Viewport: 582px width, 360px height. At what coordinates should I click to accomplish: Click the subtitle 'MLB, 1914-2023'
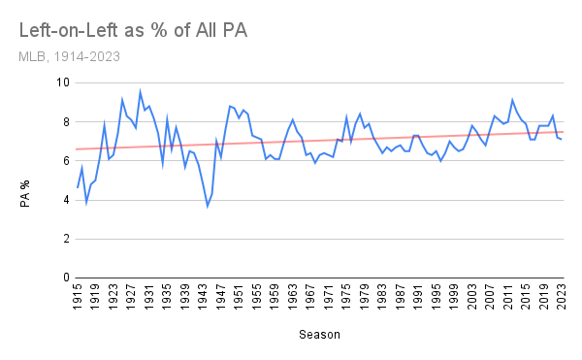[x=68, y=56]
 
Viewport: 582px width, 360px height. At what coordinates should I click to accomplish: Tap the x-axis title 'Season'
[x=320, y=335]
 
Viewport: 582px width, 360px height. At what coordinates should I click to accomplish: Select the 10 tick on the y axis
[x=60, y=83]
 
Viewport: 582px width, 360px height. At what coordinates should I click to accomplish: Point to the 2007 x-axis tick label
[x=493, y=296]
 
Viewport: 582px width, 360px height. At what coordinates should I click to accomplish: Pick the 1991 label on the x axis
[x=420, y=296]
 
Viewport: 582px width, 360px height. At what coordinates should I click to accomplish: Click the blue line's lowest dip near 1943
[x=207, y=206]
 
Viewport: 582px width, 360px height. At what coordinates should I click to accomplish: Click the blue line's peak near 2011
[x=512, y=100]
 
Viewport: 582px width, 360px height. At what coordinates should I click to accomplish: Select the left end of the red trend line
[x=77, y=148]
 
